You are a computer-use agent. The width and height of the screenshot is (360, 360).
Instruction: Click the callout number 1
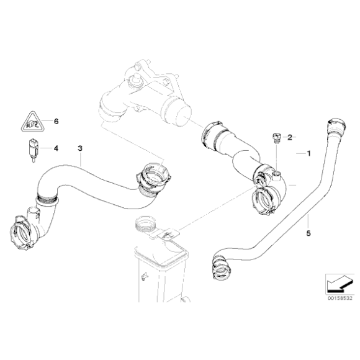pos(305,152)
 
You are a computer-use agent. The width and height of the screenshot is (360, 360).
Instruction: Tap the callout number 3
pos(79,148)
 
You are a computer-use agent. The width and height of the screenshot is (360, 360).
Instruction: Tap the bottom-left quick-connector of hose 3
pos(23,233)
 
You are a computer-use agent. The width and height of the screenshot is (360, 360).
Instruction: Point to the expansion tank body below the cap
pos(158,267)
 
